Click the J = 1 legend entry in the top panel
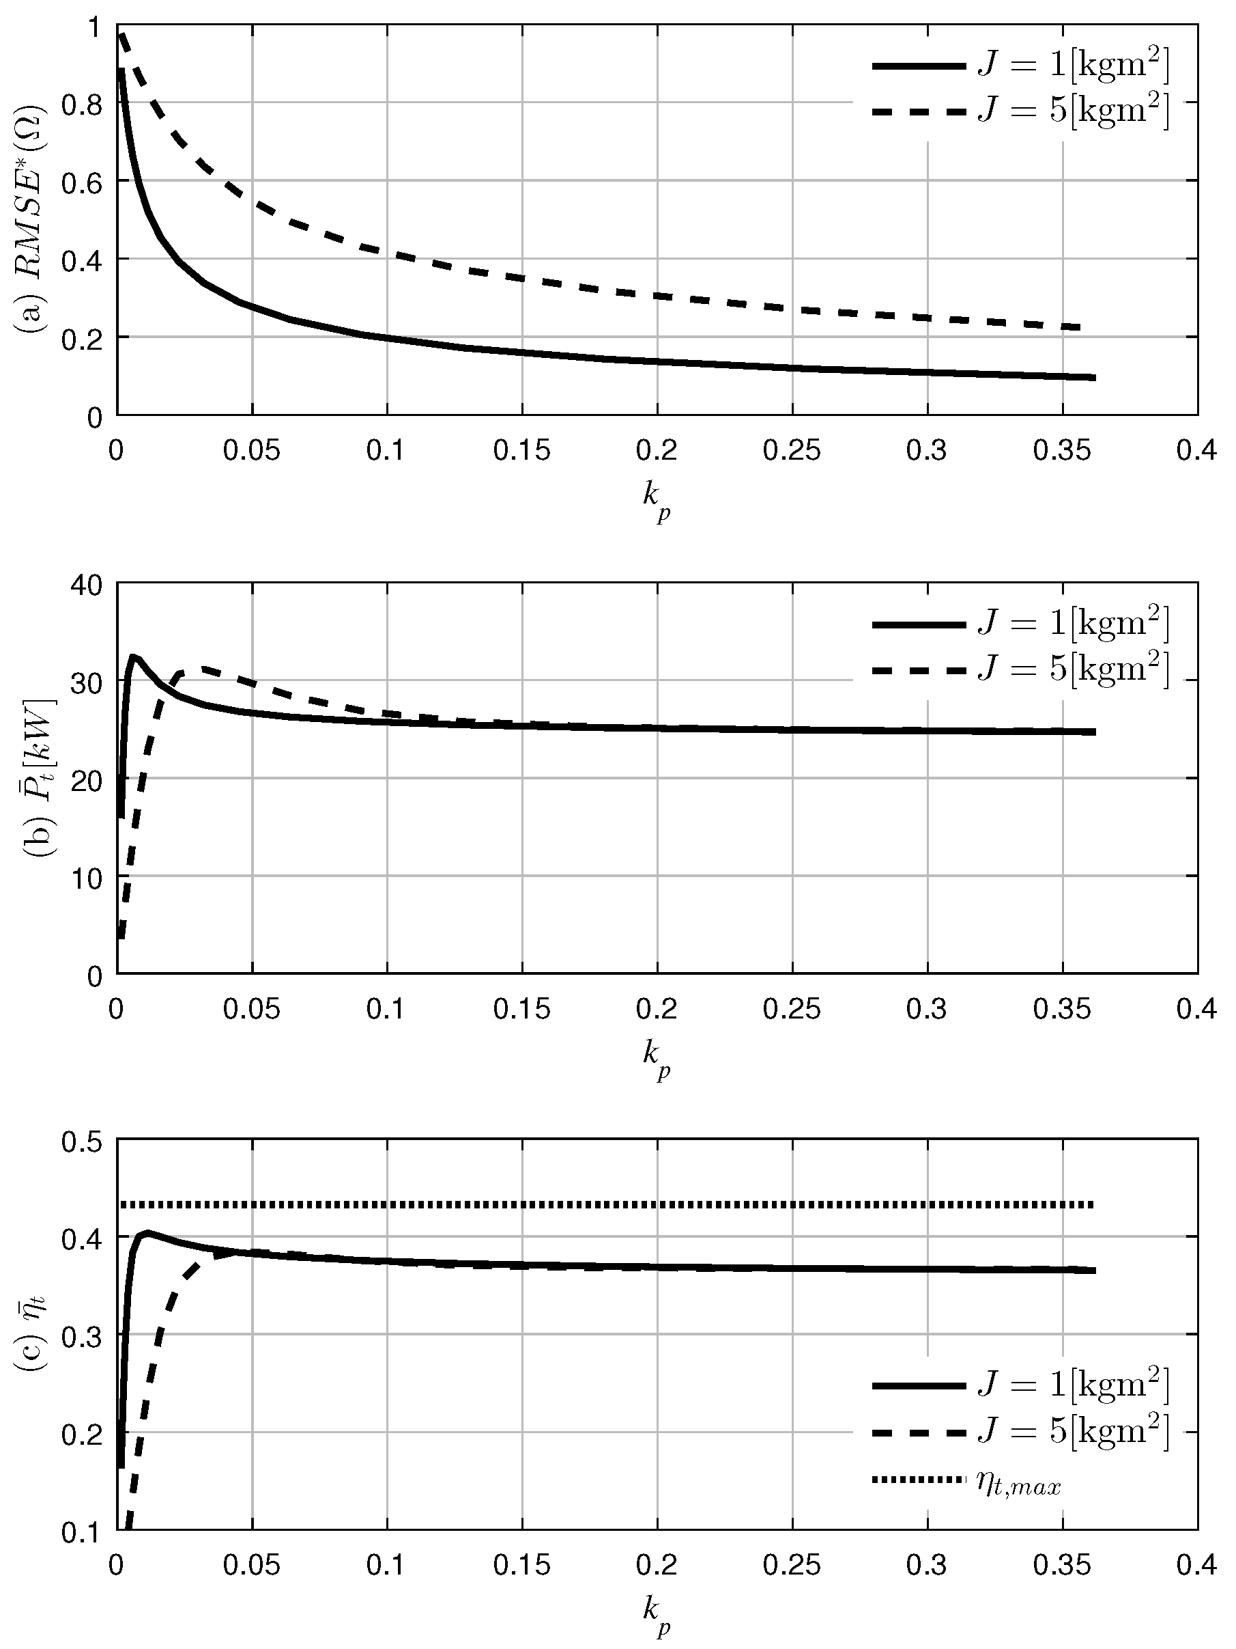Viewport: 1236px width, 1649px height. click(x=1021, y=66)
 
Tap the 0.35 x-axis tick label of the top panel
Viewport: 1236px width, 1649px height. click(x=1062, y=452)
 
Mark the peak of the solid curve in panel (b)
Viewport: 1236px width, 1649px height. click(x=134, y=656)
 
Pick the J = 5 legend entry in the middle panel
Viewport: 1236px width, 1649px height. click(x=1021, y=669)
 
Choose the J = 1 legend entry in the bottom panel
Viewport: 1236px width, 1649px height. click(x=1021, y=1386)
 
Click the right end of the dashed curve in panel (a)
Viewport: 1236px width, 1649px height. click(x=1080, y=327)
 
